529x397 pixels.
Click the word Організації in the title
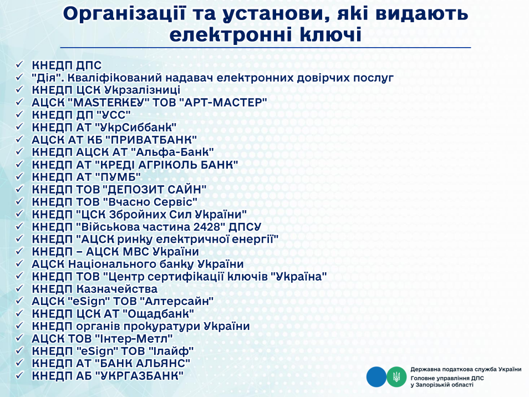pos(124,14)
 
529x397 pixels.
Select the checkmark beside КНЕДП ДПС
pos(19,64)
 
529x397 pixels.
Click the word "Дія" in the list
pos(47,78)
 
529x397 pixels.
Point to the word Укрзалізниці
pos(142,90)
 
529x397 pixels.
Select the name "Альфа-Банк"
pos(172,152)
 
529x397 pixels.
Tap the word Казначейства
pos(117,289)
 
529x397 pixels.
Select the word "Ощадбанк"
pos(158,314)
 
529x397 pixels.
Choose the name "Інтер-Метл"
pos(134,339)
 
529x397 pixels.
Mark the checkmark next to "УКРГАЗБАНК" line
pos(19,375)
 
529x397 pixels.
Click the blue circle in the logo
pos(376,377)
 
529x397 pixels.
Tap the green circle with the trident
pos(396,377)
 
